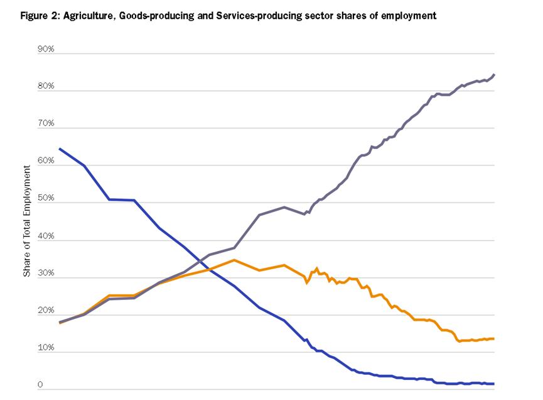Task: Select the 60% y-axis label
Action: [46, 161]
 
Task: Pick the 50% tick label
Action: [46, 198]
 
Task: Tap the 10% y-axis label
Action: [46, 348]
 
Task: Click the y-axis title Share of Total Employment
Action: [26, 220]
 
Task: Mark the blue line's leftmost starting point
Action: [59, 149]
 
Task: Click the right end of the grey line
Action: [495, 75]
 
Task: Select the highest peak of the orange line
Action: [234, 260]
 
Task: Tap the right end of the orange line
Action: [495, 339]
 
